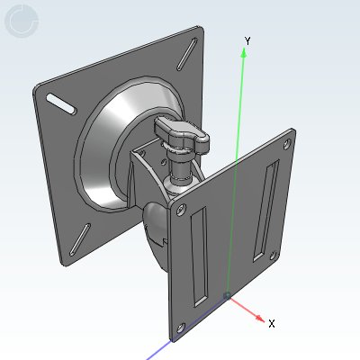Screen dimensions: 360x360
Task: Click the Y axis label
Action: point(247,40)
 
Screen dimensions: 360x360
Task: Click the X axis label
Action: point(272,324)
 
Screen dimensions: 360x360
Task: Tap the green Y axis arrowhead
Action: point(244,53)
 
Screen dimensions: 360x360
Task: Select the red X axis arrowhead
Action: point(260,319)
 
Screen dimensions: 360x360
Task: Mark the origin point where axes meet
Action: point(227,296)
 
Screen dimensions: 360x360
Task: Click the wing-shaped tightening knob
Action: point(182,134)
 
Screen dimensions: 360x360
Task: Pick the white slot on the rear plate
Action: point(61,103)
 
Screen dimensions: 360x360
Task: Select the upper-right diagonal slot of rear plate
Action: point(187,54)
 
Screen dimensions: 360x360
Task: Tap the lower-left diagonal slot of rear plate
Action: point(80,239)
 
